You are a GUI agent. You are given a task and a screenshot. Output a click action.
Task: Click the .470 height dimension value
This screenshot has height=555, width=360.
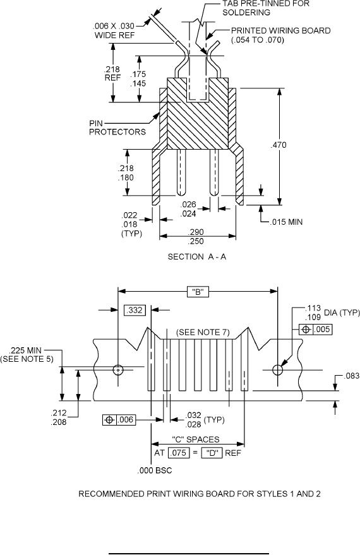pyautogui.click(x=279, y=145)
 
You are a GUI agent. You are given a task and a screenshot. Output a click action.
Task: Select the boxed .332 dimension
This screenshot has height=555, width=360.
pyautogui.click(x=135, y=311)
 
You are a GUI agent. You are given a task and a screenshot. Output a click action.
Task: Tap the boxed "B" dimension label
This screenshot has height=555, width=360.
pyautogui.click(x=198, y=292)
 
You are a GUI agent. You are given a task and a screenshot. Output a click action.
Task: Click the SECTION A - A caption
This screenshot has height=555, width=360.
pyautogui.click(x=196, y=256)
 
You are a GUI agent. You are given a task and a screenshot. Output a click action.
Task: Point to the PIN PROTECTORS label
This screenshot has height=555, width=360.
pyautogui.click(x=117, y=128)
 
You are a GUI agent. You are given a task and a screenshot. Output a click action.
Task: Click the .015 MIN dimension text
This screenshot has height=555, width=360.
pyautogui.click(x=286, y=222)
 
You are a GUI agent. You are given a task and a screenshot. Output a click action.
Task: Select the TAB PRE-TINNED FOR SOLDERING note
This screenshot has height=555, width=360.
pyautogui.click(x=266, y=8)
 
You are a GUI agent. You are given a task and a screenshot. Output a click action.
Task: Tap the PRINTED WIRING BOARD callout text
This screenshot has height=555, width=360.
pyautogui.click(x=280, y=35)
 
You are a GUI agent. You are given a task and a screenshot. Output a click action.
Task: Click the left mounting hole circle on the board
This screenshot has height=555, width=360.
pyautogui.click(x=118, y=370)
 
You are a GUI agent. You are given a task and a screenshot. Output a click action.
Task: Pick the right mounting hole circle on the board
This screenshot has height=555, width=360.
pyautogui.click(x=277, y=370)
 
